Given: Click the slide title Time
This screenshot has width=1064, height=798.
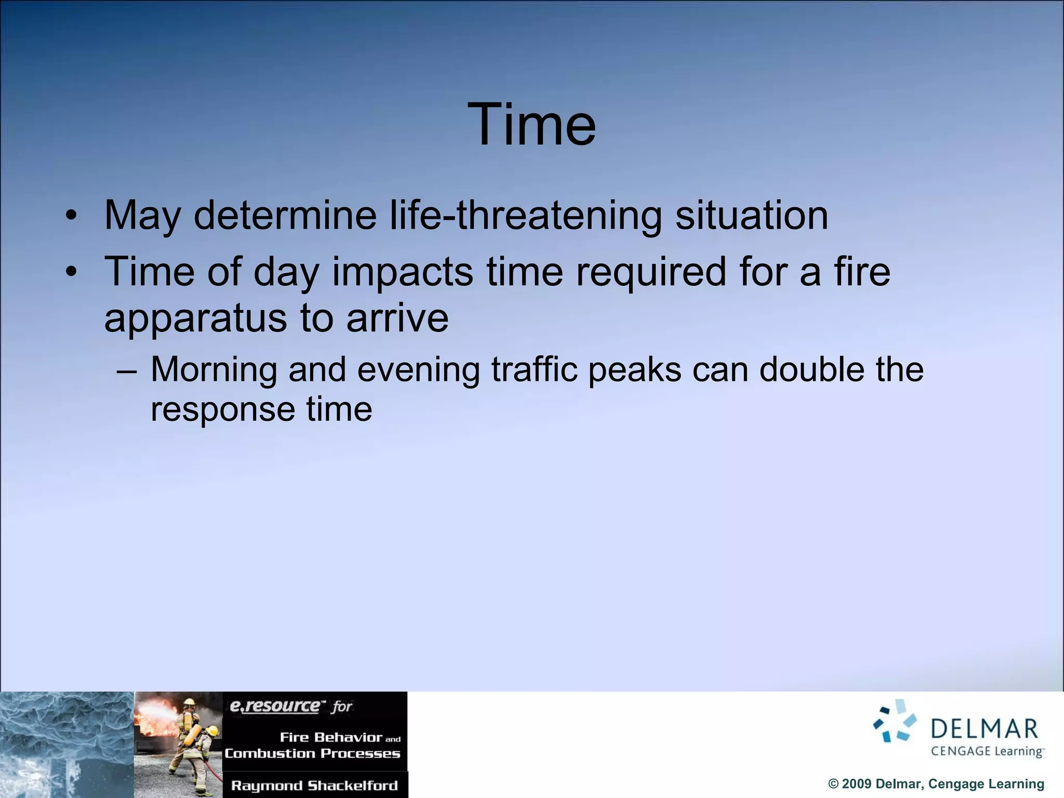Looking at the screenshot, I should coord(531,125).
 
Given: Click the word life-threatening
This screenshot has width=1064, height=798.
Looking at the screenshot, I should coord(526,215).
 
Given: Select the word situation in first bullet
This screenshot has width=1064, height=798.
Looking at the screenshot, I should coord(751,215).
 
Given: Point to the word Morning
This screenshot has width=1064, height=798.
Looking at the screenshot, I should coord(214,370).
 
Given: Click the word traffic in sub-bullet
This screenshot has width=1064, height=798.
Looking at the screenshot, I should coord(534,370).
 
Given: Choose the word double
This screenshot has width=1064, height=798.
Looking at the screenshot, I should coord(812,370).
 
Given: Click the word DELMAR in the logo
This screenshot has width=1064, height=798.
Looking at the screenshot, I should coord(984,729).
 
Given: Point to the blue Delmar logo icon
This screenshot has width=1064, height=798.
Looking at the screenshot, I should coord(895,721).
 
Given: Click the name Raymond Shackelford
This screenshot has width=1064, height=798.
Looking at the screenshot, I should coord(314,786).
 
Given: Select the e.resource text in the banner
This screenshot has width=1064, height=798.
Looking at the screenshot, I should coord(275,706).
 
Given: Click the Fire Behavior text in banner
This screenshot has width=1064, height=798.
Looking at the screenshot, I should coord(330,737).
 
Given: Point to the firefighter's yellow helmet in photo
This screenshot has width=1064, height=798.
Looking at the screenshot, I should coord(190,702).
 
